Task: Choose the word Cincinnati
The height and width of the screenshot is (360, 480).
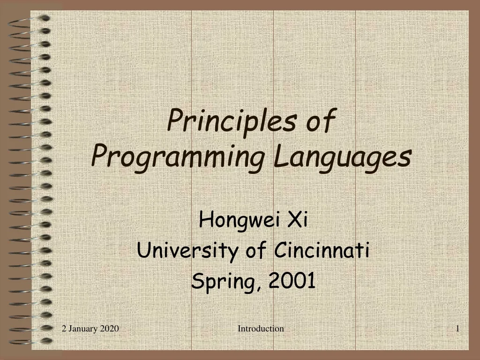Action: tap(321, 250)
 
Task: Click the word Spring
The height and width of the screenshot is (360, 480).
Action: tap(224, 281)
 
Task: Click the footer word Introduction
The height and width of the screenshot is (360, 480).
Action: tap(261, 329)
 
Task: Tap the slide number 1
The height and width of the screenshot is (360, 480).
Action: tap(457, 329)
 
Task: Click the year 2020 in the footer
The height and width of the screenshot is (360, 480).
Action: tap(109, 329)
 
